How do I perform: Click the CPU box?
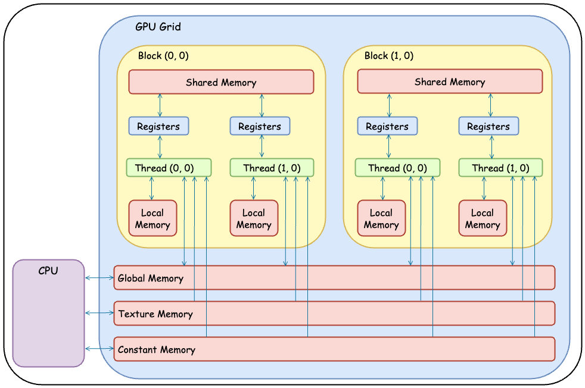point(48,313)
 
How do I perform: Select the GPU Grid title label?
point(158,27)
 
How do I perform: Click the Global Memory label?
point(151,278)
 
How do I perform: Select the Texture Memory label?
point(155,314)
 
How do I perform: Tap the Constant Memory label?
point(157,349)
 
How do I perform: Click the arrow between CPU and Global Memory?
point(99,278)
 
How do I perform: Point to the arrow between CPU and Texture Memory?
point(99,313)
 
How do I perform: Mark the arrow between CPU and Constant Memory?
point(99,349)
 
